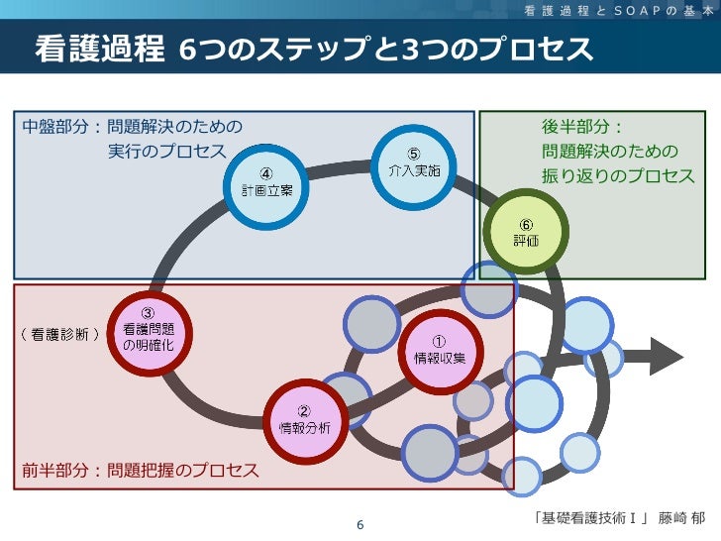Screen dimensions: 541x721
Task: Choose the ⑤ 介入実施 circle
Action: click(414, 162)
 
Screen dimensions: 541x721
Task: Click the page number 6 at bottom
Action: click(360, 524)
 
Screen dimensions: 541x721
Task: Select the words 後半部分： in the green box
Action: click(582, 128)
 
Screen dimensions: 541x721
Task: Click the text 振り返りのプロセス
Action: click(617, 175)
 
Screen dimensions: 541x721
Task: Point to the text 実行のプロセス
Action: click(166, 152)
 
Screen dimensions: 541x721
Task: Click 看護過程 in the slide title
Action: click(100, 49)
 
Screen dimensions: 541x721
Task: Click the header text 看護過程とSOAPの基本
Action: click(615, 10)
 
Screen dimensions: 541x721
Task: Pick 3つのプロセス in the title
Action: click(495, 49)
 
